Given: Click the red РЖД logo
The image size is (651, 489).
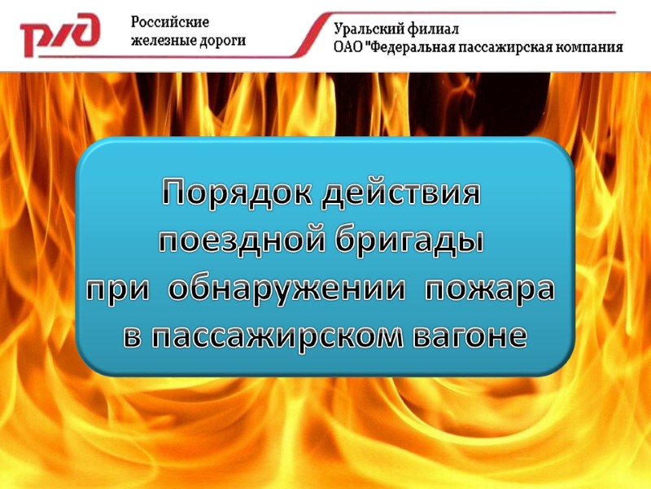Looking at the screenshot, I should pyautogui.click(x=60, y=34).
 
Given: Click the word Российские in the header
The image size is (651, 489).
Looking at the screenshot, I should pyautogui.click(x=171, y=22).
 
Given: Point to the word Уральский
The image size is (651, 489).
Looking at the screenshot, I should pyautogui.click(x=369, y=30).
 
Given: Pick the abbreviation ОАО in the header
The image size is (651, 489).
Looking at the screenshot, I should pyautogui.click(x=349, y=47).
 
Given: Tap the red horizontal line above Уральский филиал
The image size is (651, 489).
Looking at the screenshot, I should pyautogui.click(x=472, y=13).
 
